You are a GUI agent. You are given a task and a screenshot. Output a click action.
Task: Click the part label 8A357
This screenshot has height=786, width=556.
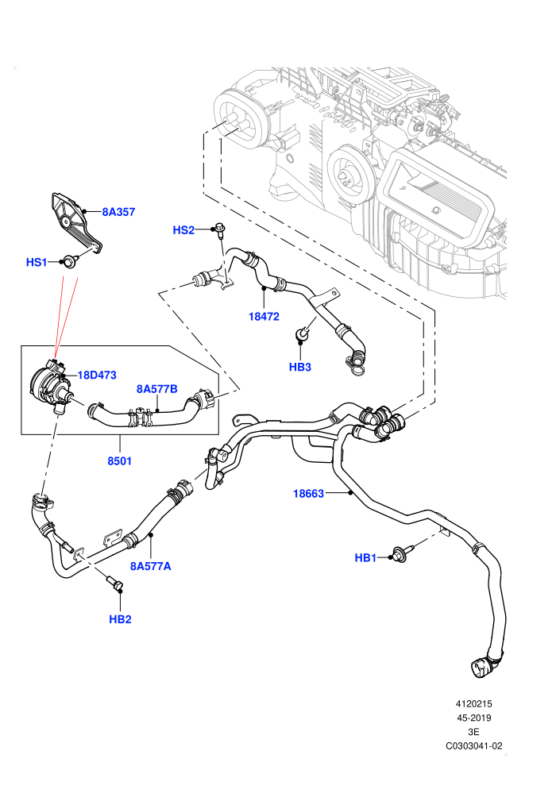pyautogui.click(x=118, y=212)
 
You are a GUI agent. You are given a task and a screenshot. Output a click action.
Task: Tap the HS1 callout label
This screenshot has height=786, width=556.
pyautogui.click(x=36, y=262)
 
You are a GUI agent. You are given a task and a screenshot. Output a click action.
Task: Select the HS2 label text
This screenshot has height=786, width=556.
pyautogui.click(x=183, y=230)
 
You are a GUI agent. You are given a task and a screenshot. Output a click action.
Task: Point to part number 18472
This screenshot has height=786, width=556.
pyautogui.click(x=264, y=316)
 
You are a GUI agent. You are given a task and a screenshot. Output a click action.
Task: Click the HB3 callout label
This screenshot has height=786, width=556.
pyautogui.click(x=299, y=367)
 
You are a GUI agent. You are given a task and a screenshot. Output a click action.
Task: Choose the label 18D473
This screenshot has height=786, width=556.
pyautogui.click(x=97, y=375)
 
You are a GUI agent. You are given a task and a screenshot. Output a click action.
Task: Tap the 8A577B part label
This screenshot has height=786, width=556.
pyautogui.click(x=157, y=389)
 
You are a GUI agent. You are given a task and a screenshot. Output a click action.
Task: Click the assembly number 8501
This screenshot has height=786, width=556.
pyautogui.click(x=119, y=460)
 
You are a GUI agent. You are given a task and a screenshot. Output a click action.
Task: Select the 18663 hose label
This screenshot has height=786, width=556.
pyautogui.click(x=308, y=494)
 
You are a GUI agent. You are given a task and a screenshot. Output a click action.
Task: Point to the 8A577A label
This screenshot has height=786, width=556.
pyautogui.click(x=150, y=566)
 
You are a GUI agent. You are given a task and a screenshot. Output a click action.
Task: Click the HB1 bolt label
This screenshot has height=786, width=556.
pyautogui.click(x=365, y=557)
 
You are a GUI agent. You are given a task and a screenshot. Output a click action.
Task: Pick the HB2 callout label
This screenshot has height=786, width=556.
pyautogui.click(x=120, y=619)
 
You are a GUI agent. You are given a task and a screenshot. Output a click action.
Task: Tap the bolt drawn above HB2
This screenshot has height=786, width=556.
pyautogui.click(x=115, y=584)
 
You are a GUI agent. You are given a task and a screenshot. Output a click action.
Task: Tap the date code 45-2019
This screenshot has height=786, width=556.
pyautogui.click(x=473, y=718)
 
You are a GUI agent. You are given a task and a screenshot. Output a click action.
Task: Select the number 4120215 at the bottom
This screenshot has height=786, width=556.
pyautogui.click(x=473, y=703)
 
